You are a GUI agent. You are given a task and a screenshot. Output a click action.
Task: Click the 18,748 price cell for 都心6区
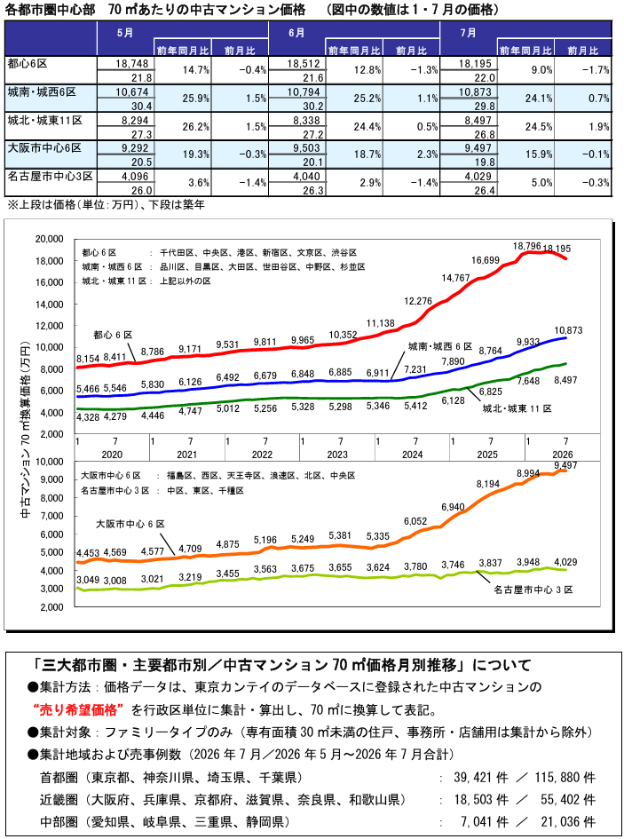tap(131, 64)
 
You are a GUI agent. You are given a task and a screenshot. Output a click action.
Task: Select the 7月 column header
tap(469, 33)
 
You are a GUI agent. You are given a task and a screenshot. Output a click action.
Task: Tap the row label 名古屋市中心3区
tap(51, 176)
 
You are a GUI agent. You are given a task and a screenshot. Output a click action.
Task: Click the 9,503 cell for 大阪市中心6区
tap(303, 148)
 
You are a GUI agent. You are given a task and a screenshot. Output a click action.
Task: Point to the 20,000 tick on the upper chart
tap(49, 239)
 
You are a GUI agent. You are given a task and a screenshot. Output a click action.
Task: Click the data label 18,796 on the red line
tap(526, 246)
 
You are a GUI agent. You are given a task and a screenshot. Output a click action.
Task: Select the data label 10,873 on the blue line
tap(568, 330)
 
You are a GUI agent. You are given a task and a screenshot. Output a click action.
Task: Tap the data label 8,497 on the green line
tap(565, 381)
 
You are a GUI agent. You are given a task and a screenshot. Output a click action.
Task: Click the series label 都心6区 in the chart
tap(113, 335)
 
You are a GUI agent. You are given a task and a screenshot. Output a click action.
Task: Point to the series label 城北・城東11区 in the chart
tap(517, 408)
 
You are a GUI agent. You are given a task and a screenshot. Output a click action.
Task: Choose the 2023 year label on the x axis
tap(337, 455)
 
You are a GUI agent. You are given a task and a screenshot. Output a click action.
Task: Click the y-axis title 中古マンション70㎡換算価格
tap(25, 430)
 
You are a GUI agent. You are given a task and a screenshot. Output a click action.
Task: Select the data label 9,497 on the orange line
tap(565, 465)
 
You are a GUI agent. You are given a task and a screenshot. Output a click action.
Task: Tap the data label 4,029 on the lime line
tap(565, 562)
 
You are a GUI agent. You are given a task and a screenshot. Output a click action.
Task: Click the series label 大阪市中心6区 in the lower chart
tap(130, 525)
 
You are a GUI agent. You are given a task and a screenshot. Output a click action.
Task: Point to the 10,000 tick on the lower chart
tap(49, 462)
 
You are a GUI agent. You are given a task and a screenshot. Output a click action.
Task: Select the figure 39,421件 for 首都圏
tap(480, 778)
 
